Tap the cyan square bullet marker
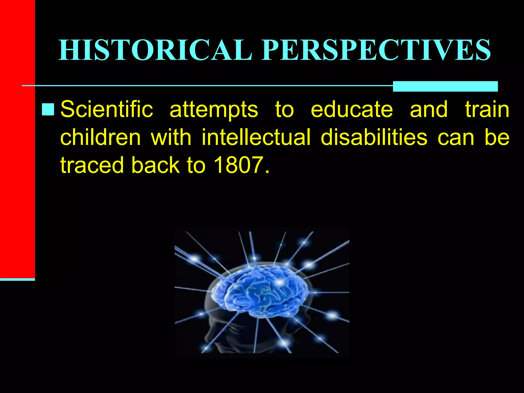point(48,110)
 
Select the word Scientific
point(107,110)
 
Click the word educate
point(352,110)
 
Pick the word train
point(487,110)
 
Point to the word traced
point(92,165)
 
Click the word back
point(155,165)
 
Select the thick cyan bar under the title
point(445,86)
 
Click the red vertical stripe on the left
point(17,138)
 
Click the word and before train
point(429,110)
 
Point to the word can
point(456,138)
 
